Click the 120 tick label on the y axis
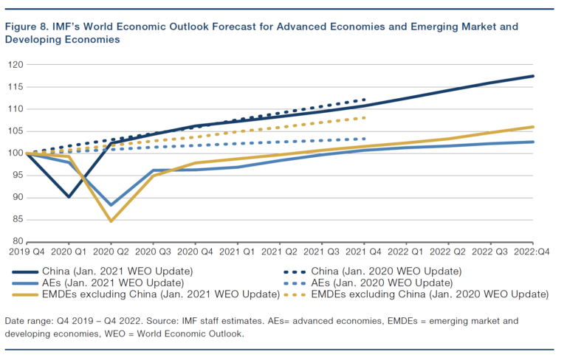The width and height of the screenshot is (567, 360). [14, 65]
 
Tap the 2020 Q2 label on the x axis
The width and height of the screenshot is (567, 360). [111, 252]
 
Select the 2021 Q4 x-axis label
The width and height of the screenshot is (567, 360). [365, 252]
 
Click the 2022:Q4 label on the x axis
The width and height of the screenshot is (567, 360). [533, 252]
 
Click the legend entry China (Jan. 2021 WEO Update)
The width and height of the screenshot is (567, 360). [118, 271]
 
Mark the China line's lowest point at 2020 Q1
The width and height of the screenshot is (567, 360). [69, 197]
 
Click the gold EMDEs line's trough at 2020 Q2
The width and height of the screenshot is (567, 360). [111, 221]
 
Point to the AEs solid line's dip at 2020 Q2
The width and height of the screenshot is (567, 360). [111, 204]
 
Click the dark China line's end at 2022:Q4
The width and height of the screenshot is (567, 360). [533, 76]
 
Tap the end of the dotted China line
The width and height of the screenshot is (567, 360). [365, 100]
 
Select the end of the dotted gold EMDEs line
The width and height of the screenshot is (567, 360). [365, 117]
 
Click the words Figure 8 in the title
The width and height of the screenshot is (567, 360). [27, 27]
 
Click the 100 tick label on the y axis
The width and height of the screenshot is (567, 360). [14, 153]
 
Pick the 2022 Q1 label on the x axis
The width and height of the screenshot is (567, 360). [407, 252]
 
